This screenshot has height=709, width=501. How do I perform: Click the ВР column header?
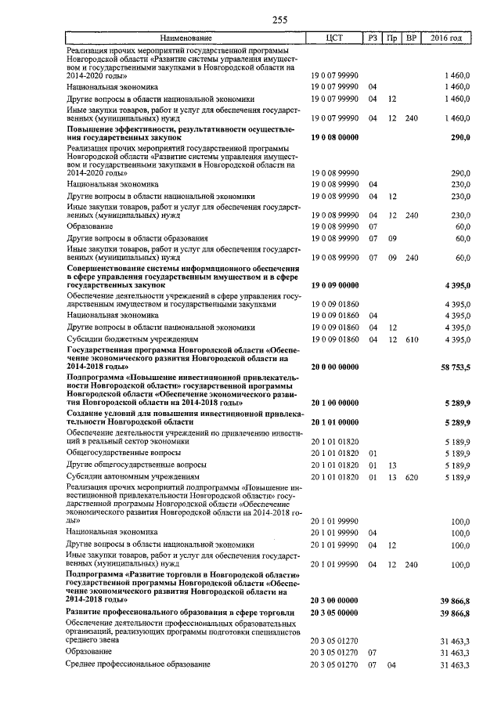coord(412,38)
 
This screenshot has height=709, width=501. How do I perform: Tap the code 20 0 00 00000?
coord(335,367)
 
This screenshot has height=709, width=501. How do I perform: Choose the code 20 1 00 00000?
coord(335,403)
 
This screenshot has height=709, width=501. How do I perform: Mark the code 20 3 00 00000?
coord(335,599)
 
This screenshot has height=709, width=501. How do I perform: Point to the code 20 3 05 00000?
coord(335,613)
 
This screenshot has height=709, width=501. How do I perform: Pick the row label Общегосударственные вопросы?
coord(124,452)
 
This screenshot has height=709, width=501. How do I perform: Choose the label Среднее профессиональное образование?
coord(139,664)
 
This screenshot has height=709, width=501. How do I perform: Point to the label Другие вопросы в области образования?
coord(137,237)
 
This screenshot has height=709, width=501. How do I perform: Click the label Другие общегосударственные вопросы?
coord(136,465)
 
